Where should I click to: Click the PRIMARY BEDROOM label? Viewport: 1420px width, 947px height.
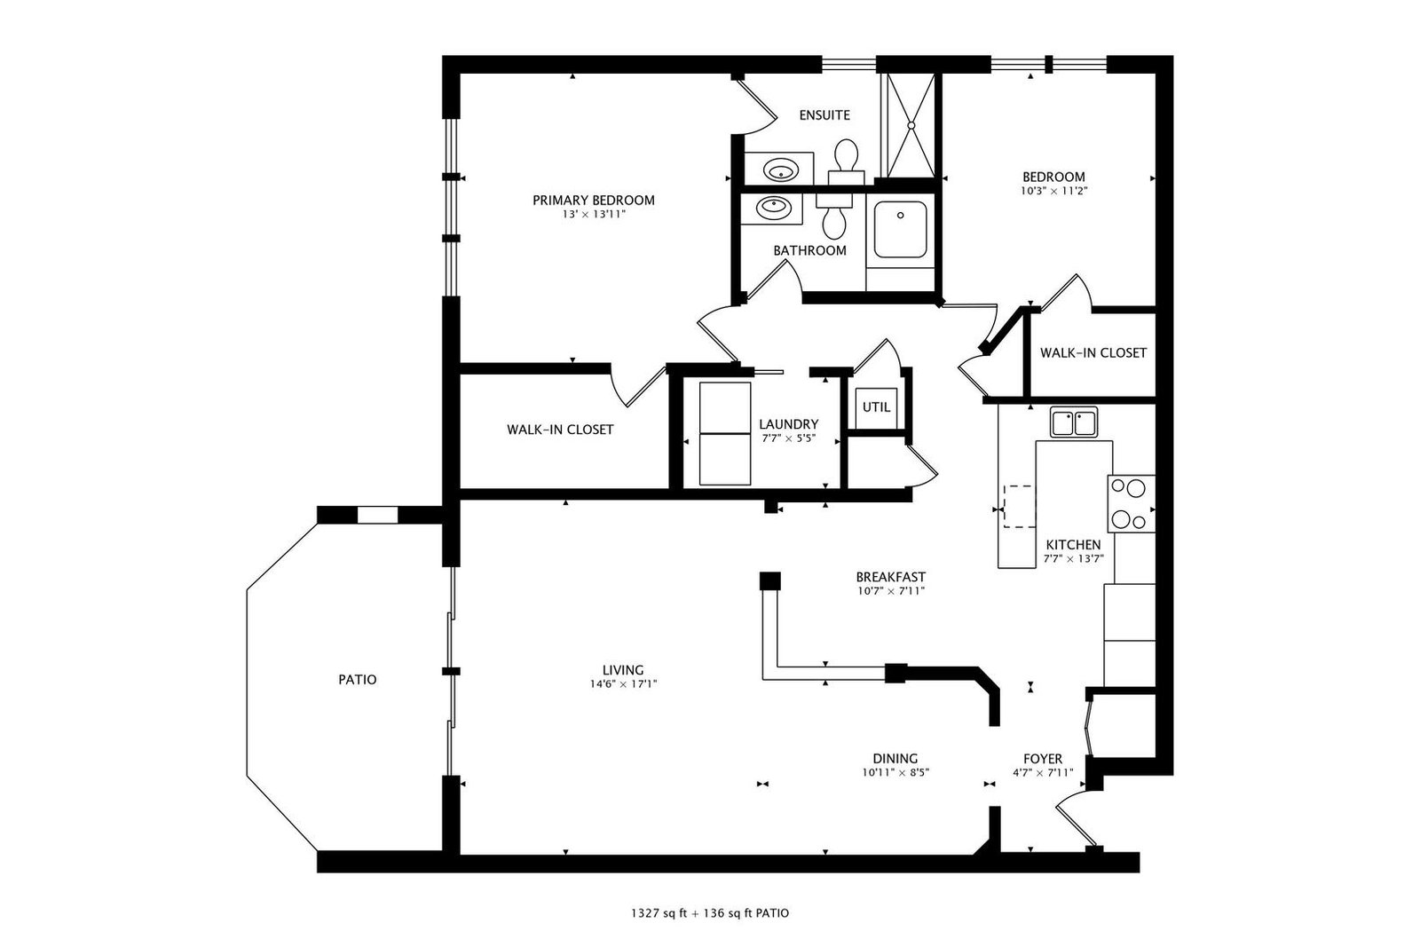click(594, 201)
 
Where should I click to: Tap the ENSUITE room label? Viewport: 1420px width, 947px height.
click(824, 115)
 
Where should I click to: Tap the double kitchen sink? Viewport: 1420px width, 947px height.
click(1073, 422)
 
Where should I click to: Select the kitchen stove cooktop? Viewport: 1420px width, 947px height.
click(1131, 503)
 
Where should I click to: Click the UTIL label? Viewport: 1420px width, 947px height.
click(876, 407)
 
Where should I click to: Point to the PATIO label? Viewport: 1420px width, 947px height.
click(358, 680)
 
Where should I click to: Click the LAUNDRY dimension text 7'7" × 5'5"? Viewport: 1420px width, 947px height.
click(789, 438)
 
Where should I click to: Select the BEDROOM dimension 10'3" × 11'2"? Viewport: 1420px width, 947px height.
click(1053, 191)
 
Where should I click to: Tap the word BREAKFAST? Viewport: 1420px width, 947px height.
click(891, 577)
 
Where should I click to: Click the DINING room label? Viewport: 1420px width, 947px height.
click(895, 758)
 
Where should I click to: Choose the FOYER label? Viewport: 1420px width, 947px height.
click(1043, 759)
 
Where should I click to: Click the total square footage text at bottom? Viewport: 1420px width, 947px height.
click(710, 913)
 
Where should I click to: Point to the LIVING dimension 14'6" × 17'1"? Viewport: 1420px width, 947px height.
click(623, 684)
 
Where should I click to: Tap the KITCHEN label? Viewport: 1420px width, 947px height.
click(1073, 544)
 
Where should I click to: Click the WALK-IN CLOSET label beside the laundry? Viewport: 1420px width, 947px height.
click(560, 430)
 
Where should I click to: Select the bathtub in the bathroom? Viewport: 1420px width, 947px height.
click(900, 230)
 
